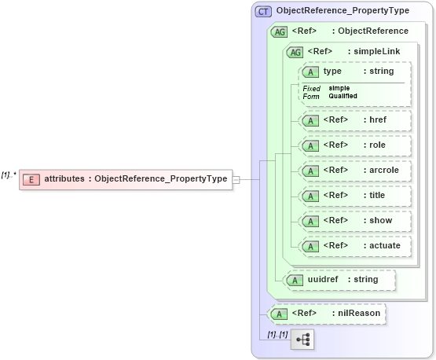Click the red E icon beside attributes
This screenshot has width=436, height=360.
click(31, 179)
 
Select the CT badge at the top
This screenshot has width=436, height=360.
click(264, 12)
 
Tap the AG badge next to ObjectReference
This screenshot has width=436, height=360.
click(279, 31)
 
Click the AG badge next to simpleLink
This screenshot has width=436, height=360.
click(295, 52)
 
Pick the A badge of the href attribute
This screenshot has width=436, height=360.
click(310, 121)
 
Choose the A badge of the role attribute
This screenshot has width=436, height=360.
click(310, 145)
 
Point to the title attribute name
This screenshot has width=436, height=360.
click(376, 195)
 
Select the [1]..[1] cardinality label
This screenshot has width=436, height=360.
click(277, 334)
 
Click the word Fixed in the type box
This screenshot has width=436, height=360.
click(312, 88)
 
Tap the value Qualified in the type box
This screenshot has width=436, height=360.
click(343, 96)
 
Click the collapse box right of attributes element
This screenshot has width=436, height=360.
click(236, 179)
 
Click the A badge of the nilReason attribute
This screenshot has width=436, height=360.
click(278, 314)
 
